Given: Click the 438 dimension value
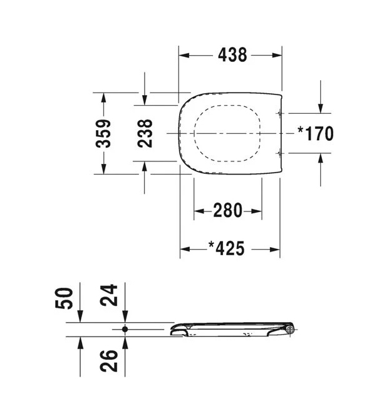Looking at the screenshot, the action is (232, 55).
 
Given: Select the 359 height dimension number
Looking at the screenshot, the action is (103, 133).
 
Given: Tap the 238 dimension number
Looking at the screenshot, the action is (145, 133).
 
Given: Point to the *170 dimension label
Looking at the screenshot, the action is (316, 133).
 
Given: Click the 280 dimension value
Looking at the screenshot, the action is (228, 210).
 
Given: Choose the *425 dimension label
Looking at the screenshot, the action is (226, 248).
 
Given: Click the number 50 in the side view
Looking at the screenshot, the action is (64, 298).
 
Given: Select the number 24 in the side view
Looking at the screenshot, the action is (108, 295).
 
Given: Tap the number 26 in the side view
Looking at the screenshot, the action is (108, 361).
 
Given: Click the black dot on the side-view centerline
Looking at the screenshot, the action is (125, 329).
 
